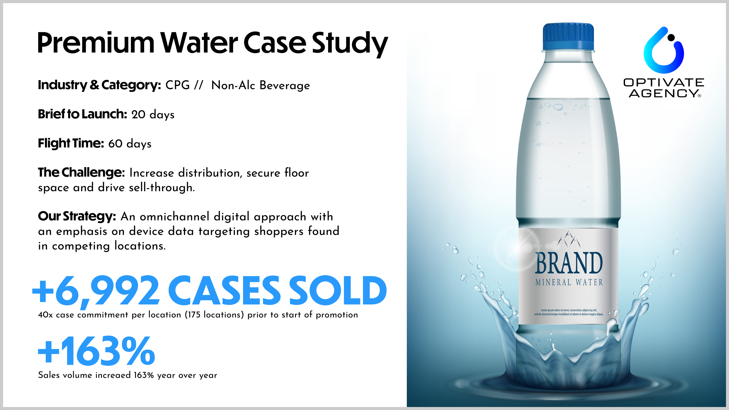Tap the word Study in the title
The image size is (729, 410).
350,44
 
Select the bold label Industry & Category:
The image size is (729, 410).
100,85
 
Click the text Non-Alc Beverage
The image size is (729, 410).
261,85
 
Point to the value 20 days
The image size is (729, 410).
153,115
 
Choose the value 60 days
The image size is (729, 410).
130,144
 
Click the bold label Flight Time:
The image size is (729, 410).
71,143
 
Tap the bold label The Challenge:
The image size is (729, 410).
81,172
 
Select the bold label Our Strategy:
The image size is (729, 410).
77,216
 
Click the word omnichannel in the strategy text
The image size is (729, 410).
175,217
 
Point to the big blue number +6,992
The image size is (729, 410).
96,291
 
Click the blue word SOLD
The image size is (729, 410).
338,290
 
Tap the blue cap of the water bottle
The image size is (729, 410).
568,37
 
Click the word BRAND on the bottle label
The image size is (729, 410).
569,263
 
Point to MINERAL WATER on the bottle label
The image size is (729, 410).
569,282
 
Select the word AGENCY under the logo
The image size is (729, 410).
663,93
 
